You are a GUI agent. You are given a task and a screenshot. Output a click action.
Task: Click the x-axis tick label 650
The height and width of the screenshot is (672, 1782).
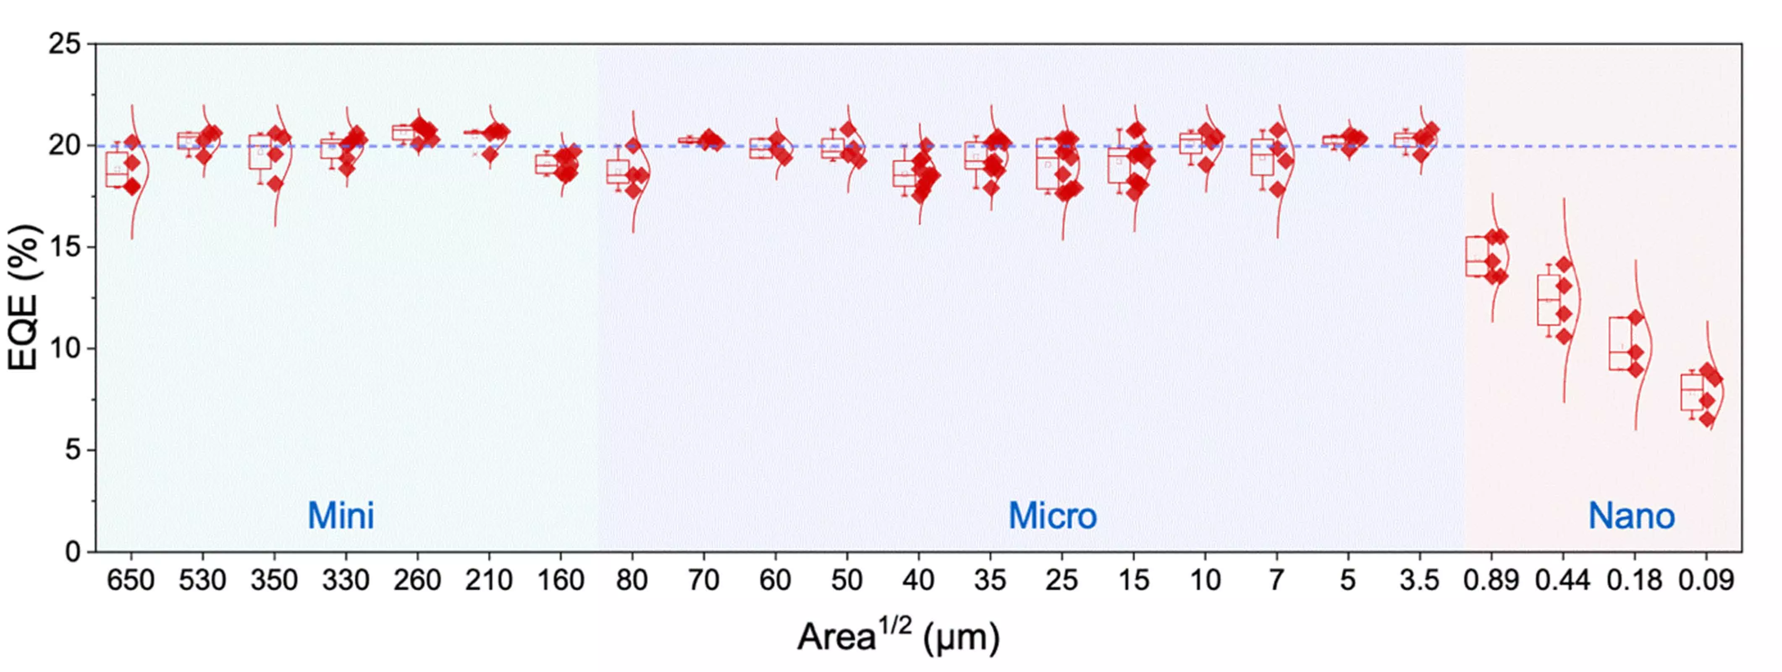130,580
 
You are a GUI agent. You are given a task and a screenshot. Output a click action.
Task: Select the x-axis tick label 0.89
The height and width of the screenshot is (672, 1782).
1491,580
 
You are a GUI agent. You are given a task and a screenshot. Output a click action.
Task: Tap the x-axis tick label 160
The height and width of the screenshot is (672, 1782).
560,580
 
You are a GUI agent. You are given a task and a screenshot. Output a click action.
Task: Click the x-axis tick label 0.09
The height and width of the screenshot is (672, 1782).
1706,580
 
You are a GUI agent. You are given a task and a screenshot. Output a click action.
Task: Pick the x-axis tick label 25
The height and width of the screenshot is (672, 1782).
1061,580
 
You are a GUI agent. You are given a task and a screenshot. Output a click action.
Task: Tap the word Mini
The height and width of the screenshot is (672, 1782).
341,516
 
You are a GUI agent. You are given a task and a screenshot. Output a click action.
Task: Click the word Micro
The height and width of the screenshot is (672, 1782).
1052,516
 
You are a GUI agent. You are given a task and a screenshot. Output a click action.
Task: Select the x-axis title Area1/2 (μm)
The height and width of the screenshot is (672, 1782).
898,637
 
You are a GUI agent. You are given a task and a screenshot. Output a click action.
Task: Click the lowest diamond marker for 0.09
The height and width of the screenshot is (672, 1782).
1706,420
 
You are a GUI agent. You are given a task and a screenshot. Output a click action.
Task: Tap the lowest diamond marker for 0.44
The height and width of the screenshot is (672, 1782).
1564,337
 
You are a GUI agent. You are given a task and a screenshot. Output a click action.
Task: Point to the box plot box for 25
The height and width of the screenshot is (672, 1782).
1047,163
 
